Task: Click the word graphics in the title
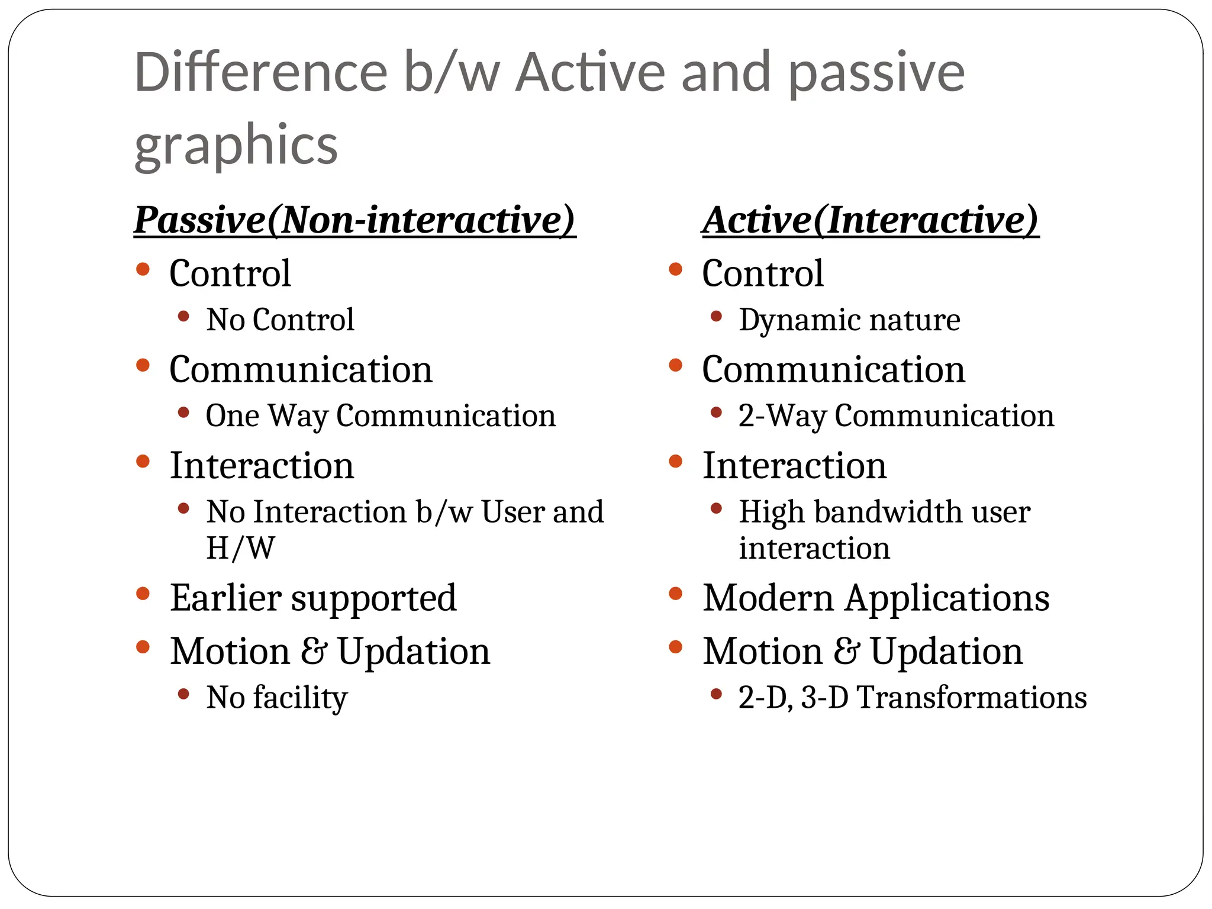pos(236,145)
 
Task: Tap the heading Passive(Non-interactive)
pos(354,220)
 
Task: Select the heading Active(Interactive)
pos(870,220)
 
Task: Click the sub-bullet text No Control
pos(280,320)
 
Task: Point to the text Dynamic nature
pos(849,320)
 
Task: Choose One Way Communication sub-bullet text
pos(381,416)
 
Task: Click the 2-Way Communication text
pos(896,416)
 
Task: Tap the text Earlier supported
pos(313,598)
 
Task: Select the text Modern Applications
pos(876,598)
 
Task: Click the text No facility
pos(276,698)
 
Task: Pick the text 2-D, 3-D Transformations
pos(912,698)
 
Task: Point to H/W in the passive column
pos(240,548)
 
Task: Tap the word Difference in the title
pos(260,73)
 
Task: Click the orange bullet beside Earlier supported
pos(143,594)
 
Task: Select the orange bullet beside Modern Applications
pos(675,594)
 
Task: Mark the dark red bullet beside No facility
pos(183,694)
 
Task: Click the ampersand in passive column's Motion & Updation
pos(313,652)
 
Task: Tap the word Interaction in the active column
pos(794,466)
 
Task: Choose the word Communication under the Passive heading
pos(301,370)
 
